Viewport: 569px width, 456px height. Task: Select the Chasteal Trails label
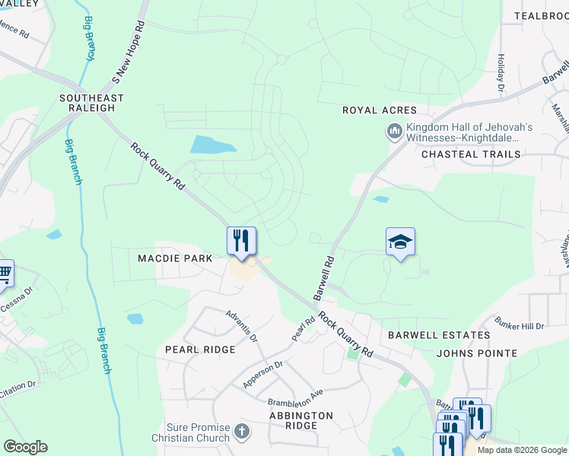tap(471, 154)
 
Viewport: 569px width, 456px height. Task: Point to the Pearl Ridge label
tap(200, 350)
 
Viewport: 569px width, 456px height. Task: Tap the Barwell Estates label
tap(439, 334)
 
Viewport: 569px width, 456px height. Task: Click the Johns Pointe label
tap(477, 353)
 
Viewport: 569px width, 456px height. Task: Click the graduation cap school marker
tap(400, 242)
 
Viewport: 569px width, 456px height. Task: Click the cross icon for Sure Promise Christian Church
tap(242, 432)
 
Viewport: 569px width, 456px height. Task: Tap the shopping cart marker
tap(5, 272)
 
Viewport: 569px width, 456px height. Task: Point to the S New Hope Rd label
tap(127, 52)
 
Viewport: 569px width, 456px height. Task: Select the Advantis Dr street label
tap(241, 325)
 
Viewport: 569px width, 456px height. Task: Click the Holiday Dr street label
tap(501, 73)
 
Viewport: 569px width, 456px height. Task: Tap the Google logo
tap(25, 447)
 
